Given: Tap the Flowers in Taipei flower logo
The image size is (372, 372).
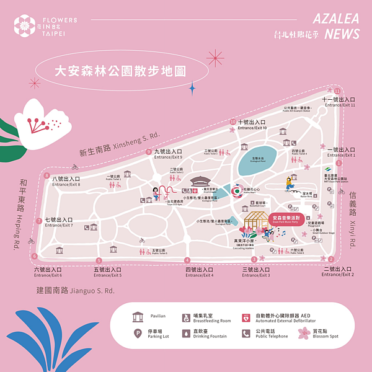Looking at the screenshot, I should point(26,25).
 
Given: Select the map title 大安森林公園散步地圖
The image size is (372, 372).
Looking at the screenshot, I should point(112,71).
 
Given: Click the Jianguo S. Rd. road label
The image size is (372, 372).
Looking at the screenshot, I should point(75,290).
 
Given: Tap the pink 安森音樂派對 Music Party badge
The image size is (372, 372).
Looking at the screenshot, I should point(287,218).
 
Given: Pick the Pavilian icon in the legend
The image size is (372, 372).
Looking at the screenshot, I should point(137,317).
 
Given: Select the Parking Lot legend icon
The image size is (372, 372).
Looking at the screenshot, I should point(137,333).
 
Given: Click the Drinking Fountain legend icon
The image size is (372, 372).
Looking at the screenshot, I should point(185,333).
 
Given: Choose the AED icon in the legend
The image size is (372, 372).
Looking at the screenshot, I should point(246,317).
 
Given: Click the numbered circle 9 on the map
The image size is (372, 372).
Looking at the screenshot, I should point(149,152).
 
